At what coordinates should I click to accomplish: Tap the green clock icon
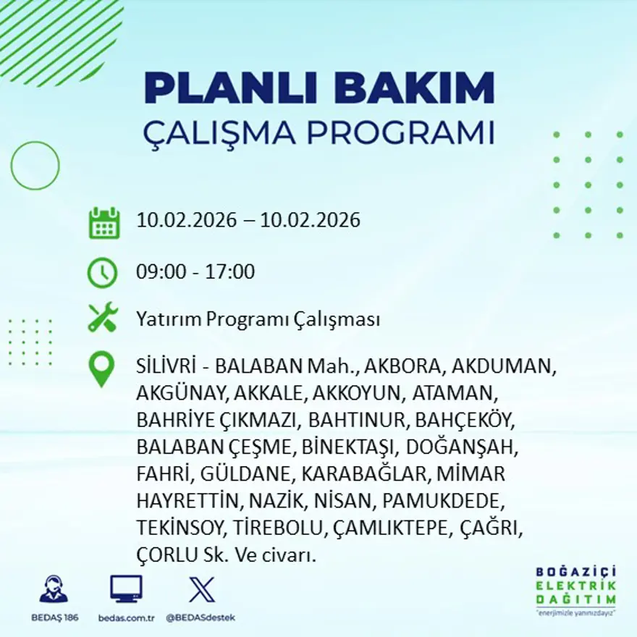tap(102, 273)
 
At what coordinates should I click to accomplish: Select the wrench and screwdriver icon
tap(102, 318)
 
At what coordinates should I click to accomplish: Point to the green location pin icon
tap(101, 368)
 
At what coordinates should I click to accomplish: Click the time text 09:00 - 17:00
tap(195, 272)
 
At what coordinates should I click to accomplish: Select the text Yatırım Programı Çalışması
tap(258, 319)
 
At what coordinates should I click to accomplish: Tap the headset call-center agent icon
tap(54, 589)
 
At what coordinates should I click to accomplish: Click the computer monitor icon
tap(126, 589)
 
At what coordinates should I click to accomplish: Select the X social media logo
tap(201, 589)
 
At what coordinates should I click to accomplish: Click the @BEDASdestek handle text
tap(201, 617)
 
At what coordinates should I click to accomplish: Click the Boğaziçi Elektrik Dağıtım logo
tap(575, 589)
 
